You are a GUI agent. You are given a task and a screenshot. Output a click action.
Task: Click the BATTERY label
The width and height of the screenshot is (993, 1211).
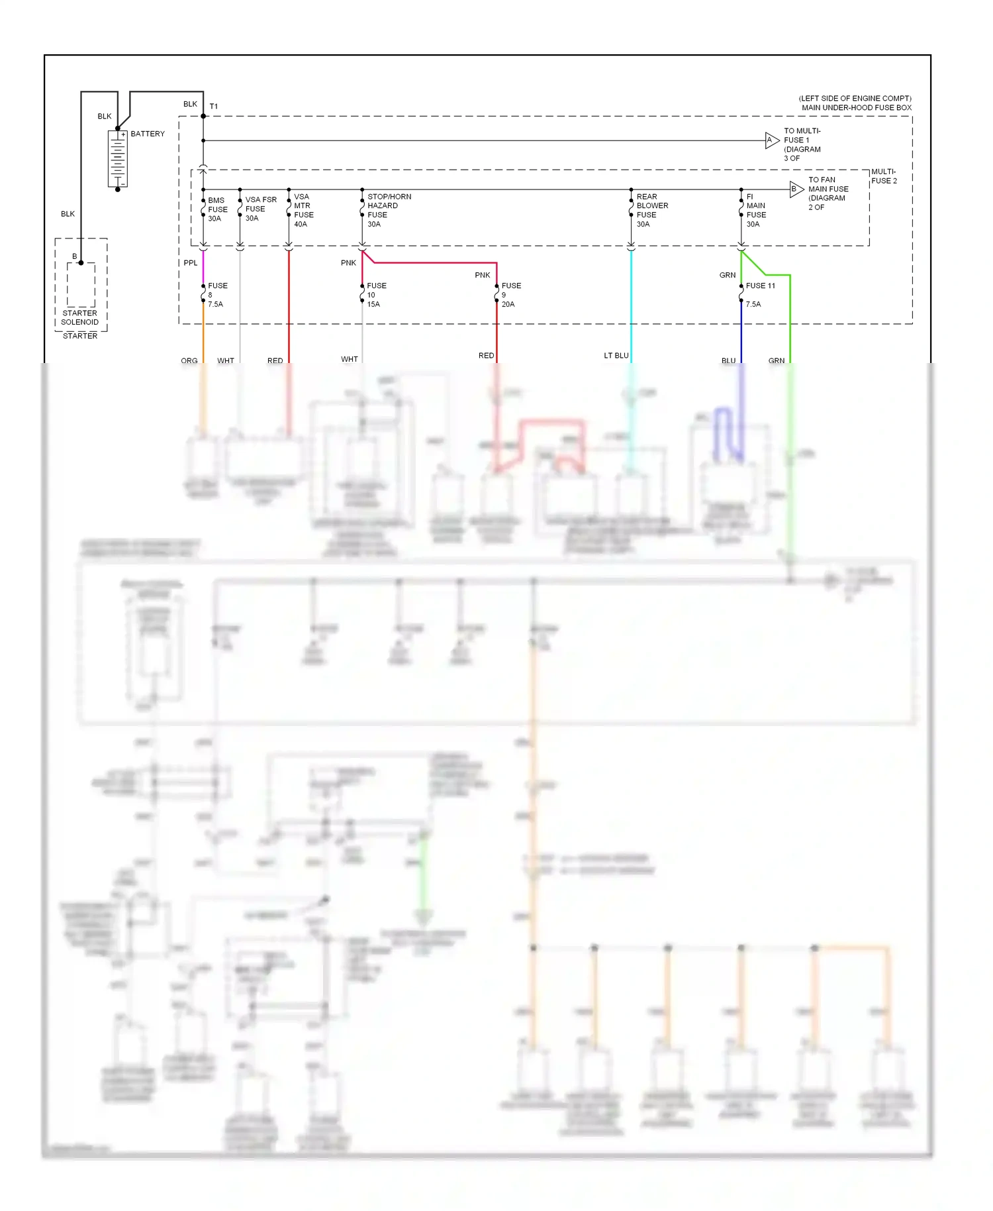(148, 134)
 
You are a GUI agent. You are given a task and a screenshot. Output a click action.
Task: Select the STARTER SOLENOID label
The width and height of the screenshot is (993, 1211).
(79, 318)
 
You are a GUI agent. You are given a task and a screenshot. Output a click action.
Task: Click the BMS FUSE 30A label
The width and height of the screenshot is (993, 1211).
(217, 209)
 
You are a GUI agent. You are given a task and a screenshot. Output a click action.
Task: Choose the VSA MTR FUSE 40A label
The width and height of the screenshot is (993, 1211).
(303, 211)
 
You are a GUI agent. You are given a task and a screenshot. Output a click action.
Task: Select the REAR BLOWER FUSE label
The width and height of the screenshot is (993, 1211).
(651, 211)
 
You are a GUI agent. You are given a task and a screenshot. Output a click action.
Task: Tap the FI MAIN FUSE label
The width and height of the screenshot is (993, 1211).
(755, 211)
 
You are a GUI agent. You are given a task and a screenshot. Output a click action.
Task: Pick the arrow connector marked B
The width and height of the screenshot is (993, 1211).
(796, 189)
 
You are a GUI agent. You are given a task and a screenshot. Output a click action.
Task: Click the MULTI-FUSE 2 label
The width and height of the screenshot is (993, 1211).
(884, 176)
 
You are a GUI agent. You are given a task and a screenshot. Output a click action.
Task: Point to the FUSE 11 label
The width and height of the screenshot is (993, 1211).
(760, 286)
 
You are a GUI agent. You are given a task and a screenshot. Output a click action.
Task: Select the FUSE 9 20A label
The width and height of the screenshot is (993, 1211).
(510, 295)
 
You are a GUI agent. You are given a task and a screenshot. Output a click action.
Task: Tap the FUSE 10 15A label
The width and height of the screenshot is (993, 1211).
(376, 295)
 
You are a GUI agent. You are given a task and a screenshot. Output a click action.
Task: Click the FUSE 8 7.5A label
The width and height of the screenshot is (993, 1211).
(217, 295)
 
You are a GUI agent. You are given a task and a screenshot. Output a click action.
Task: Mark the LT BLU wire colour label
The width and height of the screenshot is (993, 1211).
(616, 356)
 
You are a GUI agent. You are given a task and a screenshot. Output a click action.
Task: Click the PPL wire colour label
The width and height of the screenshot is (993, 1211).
(191, 263)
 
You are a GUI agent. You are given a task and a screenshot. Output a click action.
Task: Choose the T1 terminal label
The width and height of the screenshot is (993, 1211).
(214, 107)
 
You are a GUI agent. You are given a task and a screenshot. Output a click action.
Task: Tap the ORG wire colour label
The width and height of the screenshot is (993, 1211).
(189, 361)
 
